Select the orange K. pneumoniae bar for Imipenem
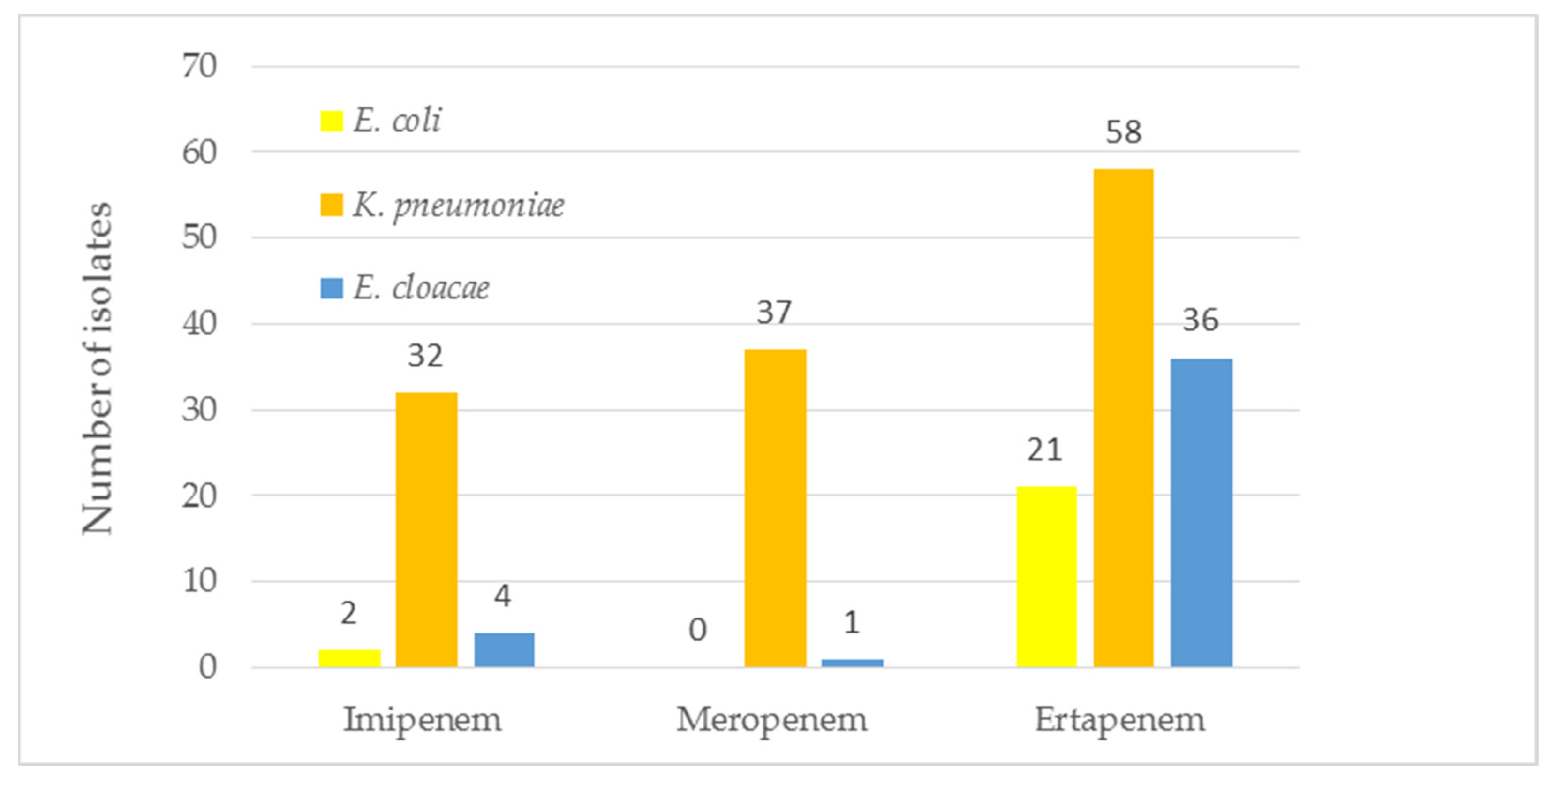427,530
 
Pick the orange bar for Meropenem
775,508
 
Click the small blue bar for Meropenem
852,663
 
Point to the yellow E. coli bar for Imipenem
349,658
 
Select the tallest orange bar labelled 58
1124,417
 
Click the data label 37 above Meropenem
774,313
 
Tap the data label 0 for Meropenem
697,630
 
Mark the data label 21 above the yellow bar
1044,450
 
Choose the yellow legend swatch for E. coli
331,121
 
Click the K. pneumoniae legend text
459,205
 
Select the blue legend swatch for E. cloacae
331,288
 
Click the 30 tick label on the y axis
199,411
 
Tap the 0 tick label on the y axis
207,667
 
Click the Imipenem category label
423,719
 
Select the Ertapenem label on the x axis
1120,719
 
